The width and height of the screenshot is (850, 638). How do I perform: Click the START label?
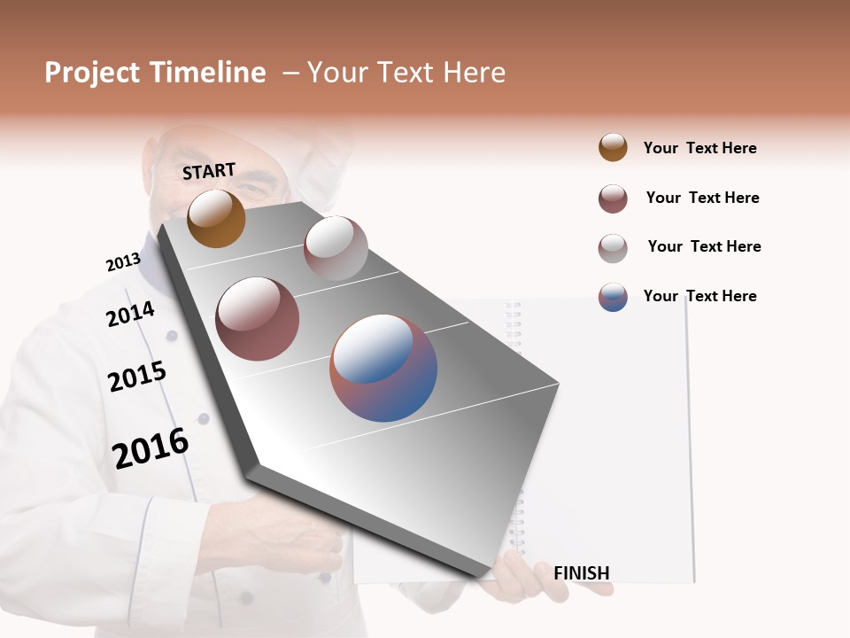pyautogui.click(x=209, y=171)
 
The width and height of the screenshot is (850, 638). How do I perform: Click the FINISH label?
pyautogui.click(x=581, y=573)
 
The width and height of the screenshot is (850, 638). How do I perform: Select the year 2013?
pyautogui.click(x=123, y=262)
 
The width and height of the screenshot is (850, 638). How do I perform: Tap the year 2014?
pyautogui.click(x=130, y=314)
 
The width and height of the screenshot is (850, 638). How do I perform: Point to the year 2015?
pyautogui.click(x=137, y=377)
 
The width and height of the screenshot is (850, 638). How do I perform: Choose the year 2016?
pyautogui.click(x=151, y=447)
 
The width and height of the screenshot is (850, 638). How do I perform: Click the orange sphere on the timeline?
pyautogui.click(x=216, y=219)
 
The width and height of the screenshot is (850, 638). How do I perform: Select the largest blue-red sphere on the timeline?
pyautogui.click(x=383, y=368)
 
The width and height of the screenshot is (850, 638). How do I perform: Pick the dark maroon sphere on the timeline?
pyautogui.click(x=258, y=319)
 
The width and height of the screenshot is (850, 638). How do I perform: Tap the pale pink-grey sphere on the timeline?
pyautogui.click(x=336, y=248)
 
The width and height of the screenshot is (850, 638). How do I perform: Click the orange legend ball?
pyautogui.click(x=613, y=147)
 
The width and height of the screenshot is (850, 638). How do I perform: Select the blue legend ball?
pyautogui.click(x=613, y=297)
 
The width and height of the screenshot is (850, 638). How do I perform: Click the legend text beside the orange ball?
pyautogui.click(x=699, y=148)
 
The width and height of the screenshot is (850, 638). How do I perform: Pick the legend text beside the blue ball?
pyautogui.click(x=699, y=296)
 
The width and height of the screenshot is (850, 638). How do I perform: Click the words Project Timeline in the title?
pyautogui.click(x=155, y=73)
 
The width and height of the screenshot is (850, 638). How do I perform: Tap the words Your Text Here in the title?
pyautogui.click(x=406, y=73)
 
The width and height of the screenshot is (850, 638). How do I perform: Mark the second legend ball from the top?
pyautogui.click(x=613, y=198)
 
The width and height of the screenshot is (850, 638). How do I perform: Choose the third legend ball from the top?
pyautogui.click(x=613, y=248)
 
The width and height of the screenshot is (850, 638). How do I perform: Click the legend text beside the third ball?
pyautogui.click(x=704, y=246)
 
